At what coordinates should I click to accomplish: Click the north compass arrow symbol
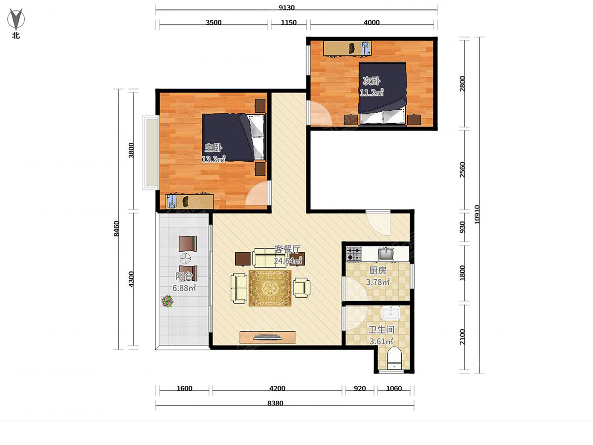(16, 19)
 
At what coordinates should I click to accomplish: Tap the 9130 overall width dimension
(287, 7)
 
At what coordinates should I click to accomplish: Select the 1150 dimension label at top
(289, 22)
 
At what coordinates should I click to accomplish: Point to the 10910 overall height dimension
(477, 215)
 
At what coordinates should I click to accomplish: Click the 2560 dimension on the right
(462, 170)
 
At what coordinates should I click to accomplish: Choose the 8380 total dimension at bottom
(275, 403)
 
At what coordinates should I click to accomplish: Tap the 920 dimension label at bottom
(360, 389)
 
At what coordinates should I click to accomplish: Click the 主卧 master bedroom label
(213, 148)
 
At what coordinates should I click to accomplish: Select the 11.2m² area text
(372, 92)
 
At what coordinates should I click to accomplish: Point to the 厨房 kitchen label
(378, 270)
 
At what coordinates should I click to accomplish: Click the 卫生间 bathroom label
(381, 330)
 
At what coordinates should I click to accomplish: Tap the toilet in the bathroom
(394, 358)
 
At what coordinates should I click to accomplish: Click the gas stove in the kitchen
(353, 254)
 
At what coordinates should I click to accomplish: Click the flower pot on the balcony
(167, 301)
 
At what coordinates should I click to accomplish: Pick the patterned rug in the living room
(270, 288)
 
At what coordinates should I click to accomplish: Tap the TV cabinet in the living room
(267, 337)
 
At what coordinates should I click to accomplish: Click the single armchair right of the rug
(301, 288)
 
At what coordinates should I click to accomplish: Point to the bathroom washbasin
(391, 313)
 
